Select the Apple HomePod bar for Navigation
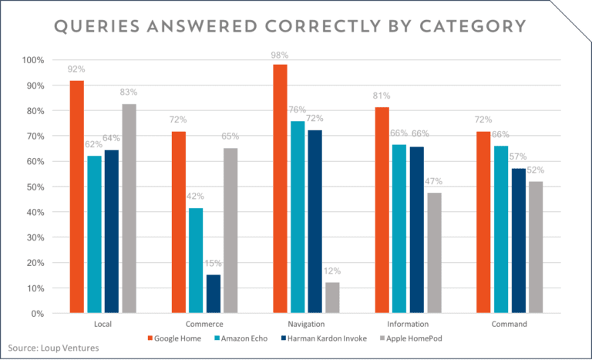[332, 298]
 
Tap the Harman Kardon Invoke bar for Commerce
[214, 294]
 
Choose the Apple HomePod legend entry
[415, 338]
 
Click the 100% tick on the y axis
[35, 60]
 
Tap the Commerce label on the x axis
[204, 325]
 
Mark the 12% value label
[332, 271]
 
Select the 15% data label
[214, 262]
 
